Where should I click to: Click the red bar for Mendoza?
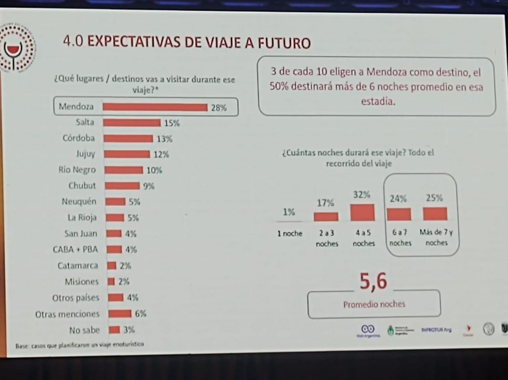[155, 107]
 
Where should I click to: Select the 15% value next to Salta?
[172, 123]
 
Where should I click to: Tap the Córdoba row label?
[78, 138]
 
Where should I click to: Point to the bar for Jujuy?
[127, 154]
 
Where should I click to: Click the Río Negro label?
[77, 170]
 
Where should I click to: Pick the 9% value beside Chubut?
[149, 186]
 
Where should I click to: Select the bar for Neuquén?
[115, 202]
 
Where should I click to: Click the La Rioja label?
[82, 218]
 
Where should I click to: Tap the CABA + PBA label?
[75, 250]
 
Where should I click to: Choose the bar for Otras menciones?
[120, 313]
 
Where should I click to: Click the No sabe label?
[84, 330]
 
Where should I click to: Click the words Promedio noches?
[374, 304]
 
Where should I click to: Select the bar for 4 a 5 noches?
[362, 213]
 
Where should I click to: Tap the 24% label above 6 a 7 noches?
[398, 198]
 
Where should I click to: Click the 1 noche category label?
[289, 233]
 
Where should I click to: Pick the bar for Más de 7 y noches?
[435, 214]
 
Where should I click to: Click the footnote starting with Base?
[79, 345]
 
